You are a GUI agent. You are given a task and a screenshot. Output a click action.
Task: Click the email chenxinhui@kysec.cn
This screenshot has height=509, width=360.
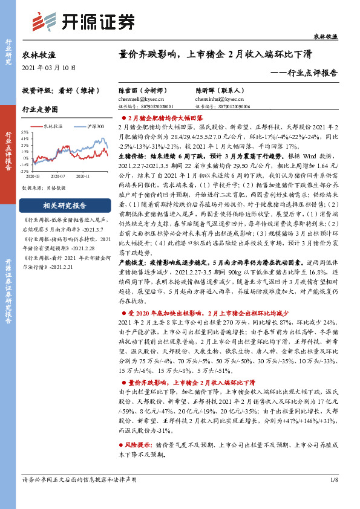[x=216, y=97]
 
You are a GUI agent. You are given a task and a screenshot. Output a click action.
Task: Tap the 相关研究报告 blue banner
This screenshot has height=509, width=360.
[x=61, y=205]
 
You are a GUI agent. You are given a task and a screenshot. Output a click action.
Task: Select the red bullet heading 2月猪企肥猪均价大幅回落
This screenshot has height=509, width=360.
[x=165, y=117]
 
